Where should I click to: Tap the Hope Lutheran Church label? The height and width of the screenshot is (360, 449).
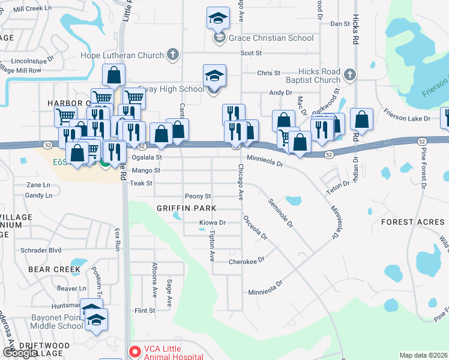122,55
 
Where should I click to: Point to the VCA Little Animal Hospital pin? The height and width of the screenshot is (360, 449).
134,352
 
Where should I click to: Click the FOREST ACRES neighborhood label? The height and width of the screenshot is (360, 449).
413,222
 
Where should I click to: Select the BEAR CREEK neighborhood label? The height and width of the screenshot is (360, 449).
54,269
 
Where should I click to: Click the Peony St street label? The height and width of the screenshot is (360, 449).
198,196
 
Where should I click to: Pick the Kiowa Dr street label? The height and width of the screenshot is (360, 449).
212,223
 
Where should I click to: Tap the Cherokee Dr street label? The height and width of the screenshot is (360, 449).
247,262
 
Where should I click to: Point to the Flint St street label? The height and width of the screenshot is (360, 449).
145,310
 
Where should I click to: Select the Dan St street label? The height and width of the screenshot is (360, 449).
340,23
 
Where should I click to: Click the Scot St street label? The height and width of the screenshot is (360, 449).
252,53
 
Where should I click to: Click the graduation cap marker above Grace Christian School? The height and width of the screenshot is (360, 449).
217,18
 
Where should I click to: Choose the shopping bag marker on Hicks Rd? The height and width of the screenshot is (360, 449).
362,119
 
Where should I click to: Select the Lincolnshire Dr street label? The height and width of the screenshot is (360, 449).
32,61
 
